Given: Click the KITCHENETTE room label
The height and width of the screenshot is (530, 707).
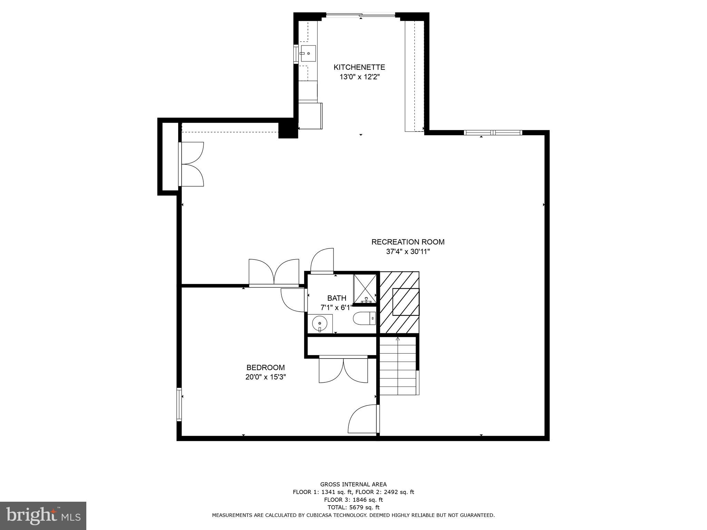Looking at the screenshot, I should coord(359,67).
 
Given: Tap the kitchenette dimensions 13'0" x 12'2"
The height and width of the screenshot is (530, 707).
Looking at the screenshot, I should coord(359,77).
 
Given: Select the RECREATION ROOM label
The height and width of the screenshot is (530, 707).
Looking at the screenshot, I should coord(408,242).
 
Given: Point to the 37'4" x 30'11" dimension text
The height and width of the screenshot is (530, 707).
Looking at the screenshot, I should coord(408,252).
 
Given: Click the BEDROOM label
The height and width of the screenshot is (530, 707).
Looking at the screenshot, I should coord(265,367).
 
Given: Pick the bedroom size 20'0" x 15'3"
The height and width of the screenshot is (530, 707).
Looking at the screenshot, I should coord(265,377).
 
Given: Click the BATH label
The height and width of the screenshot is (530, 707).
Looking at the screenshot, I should coord(337,298).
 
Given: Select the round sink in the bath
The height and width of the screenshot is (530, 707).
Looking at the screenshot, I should coord(319,324).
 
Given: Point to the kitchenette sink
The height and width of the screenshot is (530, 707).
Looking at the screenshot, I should coord(308,53).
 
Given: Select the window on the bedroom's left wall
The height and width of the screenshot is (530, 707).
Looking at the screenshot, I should coord(179,404).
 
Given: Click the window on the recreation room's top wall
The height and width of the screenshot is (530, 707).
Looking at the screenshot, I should coord(493,132).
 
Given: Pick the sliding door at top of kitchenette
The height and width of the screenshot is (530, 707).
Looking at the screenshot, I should coord(360,15).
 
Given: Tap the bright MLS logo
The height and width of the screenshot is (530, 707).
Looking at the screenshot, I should coord(43,516).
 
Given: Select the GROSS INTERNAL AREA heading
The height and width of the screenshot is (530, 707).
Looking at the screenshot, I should coord(353,484).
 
